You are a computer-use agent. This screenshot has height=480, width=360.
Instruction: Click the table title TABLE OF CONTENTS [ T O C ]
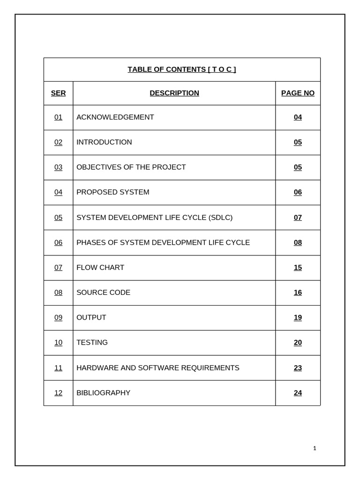click(x=182, y=70)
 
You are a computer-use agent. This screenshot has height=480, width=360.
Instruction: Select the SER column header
click(x=58, y=93)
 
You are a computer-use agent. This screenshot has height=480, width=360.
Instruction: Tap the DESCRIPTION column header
click(x=174, y=93)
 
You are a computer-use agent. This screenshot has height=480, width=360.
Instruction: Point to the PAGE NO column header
click(x=298, y=93)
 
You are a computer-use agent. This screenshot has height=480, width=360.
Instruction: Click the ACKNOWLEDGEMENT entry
click(x=115, y=117)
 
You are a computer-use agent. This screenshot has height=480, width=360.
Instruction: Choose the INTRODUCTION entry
click(x=104, y=142)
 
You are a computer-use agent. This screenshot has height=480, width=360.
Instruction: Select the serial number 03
click(x=58, y=167)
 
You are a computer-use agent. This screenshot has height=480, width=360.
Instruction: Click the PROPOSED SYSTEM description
click(x=112, y=192)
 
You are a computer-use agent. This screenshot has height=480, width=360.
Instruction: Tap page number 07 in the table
click(x=298, y=217)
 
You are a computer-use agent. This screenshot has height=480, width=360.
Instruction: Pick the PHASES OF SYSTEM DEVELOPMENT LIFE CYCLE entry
click(x=163, y=242)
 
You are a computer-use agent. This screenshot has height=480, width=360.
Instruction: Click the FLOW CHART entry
click(x=100, y=268)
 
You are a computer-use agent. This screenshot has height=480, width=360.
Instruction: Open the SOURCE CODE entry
click(x=103, y=292)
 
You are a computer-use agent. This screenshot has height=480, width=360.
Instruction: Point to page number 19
click(x=298, y=318)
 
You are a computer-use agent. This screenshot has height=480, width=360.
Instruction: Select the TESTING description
click(x=92, y=343)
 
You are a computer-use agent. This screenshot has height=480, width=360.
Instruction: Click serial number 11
click(x=58, y=368)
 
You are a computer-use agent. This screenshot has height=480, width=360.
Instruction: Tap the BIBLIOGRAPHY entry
click(x=103, y=393)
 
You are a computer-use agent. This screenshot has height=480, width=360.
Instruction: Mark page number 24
click(x=298, y=393)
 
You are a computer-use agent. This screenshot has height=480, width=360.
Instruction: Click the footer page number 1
click(x=315, y=449)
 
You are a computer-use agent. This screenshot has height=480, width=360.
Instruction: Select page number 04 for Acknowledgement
click(x=298, y=117)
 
